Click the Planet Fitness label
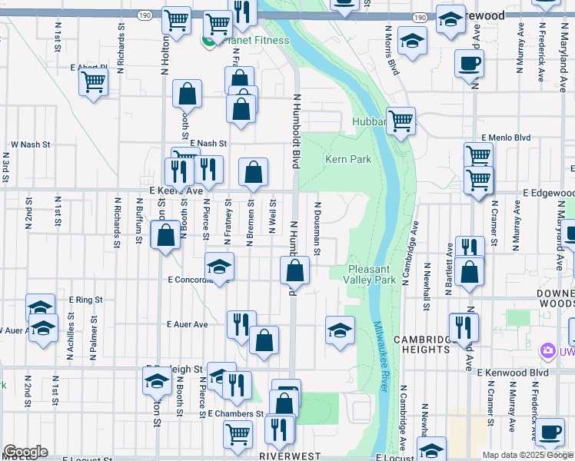point(254,41)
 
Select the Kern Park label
point(348,160)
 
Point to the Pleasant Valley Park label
point(372,274)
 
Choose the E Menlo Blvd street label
point(507,138)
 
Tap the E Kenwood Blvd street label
point(512,373)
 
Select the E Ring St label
point(85,299)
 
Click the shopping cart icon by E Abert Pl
point(93,80)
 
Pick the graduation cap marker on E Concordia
point(219,267)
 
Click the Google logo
point(25,452)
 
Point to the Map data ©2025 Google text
point(527,455)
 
